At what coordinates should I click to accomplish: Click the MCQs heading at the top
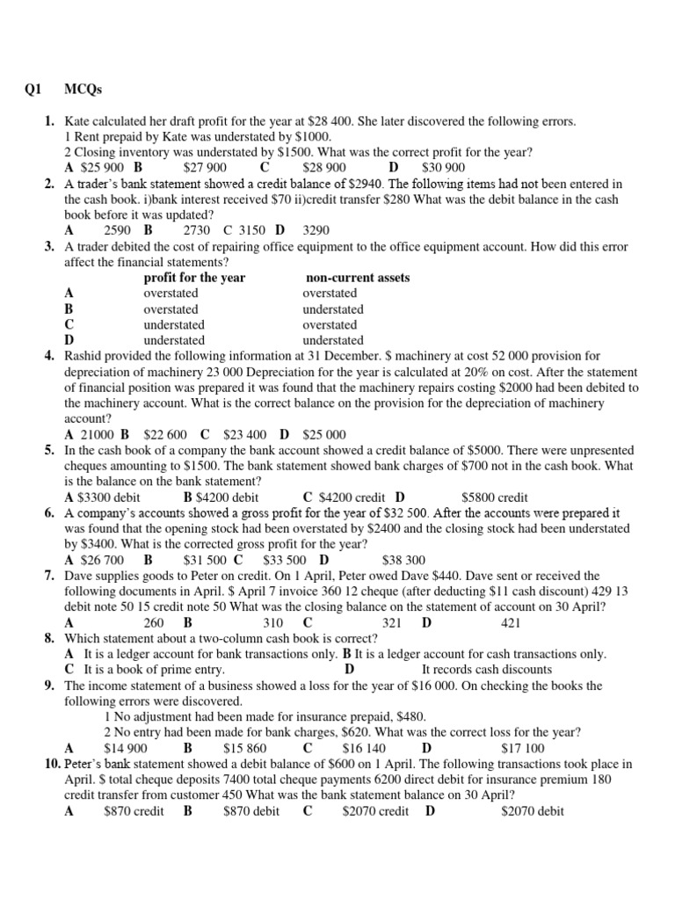(x=83, y=89)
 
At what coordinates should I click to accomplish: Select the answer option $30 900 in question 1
(x=444, y=167)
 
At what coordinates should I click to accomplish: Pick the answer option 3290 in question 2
(x=316, y=230)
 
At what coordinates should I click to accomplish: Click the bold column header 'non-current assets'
(x=356, y=278)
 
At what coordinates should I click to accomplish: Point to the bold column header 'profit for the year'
(x=194, y=278)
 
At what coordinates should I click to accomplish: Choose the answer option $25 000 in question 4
(x=324, y=434)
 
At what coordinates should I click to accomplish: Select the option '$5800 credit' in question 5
(x=494, y=497)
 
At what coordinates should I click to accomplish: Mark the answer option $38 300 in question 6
(x=403, y=559)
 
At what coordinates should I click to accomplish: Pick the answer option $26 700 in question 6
(x=102, y=559)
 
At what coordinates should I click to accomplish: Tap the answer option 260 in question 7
(x=154, y=622)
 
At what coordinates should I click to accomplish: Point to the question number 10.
(x=50, y=764)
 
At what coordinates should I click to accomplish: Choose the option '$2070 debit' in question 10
(x=532, y=810)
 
